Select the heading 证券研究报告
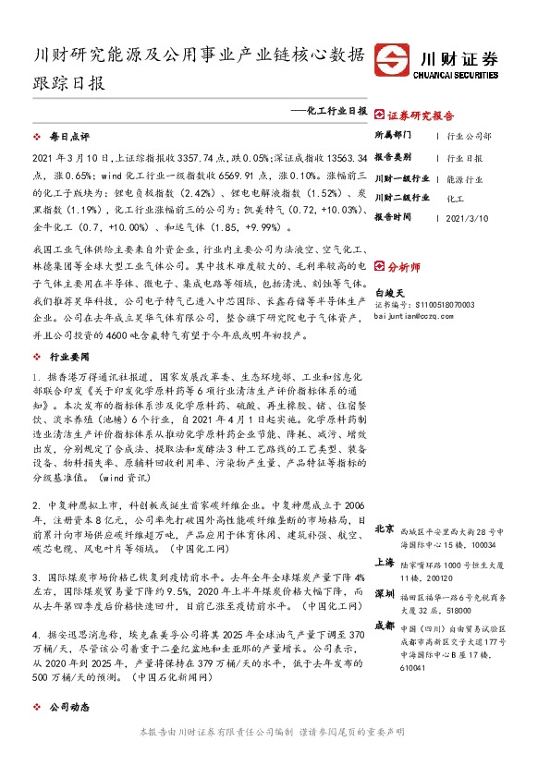(x=420, y=116)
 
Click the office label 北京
(x=385, y=529)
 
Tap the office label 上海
(x=385, y=563)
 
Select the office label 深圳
(x=385, y=592)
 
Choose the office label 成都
(x=385, y=626)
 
